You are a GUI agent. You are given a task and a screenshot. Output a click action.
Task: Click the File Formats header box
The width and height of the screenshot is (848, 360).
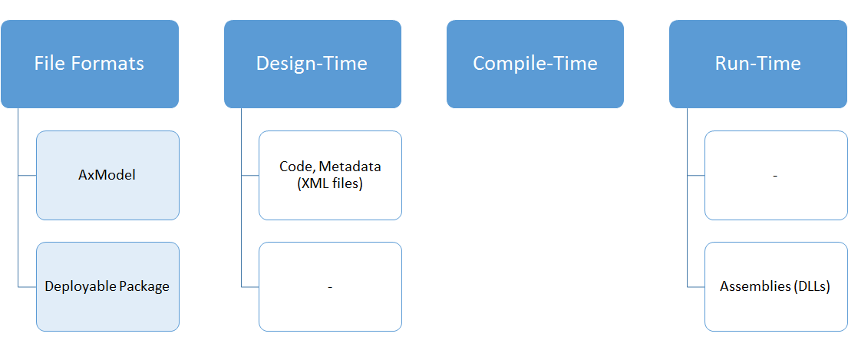[90, 64]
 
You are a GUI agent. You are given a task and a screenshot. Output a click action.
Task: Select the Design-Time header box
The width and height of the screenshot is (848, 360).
[312, 64]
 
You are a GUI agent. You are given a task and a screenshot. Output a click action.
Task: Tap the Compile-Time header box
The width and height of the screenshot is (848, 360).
[536, 64]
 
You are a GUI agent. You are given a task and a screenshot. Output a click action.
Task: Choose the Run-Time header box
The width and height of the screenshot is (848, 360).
[758, 64]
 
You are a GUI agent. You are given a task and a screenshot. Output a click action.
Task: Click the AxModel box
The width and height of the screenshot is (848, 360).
[107, 175]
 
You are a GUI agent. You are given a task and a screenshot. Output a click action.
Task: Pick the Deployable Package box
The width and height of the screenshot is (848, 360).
[107, 286]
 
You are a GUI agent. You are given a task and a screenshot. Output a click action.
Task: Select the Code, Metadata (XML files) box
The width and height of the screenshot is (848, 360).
[331, 175]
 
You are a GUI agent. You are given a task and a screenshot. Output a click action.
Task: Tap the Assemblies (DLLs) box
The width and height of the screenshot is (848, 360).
[776, 286]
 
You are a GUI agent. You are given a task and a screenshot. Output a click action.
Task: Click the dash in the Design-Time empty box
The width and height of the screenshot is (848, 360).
[330, 286]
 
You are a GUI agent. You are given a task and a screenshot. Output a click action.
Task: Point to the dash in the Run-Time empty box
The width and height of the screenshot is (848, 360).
[776, 175]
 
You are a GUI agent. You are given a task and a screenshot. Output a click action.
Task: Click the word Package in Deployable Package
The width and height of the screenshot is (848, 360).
[144, 286]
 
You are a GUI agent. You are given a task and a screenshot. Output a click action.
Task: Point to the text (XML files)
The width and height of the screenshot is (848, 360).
[330, 183]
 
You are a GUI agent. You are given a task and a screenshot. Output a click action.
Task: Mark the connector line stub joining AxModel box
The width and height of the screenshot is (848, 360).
[27, 175]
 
